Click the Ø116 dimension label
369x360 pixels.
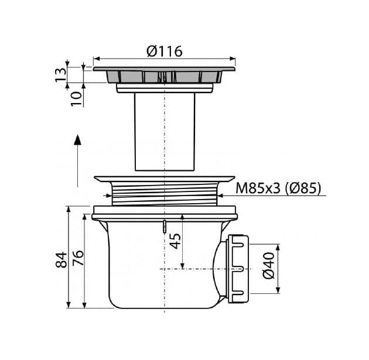point(165,52)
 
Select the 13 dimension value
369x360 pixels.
point(61,75)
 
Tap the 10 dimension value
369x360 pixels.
point(77,99)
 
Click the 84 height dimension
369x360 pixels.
point(61,259)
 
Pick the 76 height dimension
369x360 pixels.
point(78,258)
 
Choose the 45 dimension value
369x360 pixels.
point(176,241)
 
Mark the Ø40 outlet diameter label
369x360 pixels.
point(269,266)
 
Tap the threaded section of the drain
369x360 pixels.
point(165,194)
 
